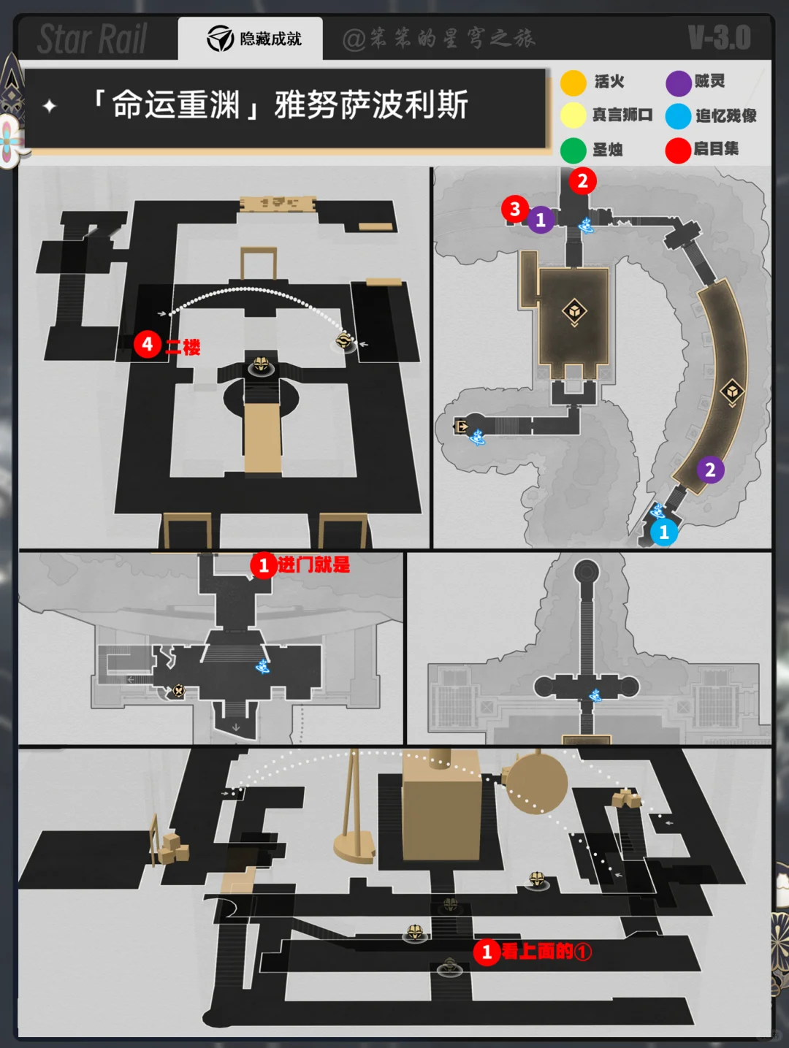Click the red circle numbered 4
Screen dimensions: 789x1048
[147, 344]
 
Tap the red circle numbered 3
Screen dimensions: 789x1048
[514, 209]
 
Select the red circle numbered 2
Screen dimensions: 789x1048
[582, 181]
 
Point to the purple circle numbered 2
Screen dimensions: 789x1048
[710, 470]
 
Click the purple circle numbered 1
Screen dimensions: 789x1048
[541, 220]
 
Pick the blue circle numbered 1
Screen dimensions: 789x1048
[663, 532]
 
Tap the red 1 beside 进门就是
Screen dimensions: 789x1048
[263, 565]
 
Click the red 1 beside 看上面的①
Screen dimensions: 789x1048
[487, 952]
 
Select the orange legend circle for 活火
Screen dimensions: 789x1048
[573, 83]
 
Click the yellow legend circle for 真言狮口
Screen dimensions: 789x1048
[573, 115]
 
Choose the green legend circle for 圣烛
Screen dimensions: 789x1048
[573, 150]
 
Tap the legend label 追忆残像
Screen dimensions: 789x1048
[726, 115]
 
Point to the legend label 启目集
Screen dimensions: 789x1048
[716, 149]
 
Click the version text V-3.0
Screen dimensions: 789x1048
[720, 38]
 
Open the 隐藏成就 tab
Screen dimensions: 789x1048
[251, 39]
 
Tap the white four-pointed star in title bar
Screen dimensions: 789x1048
[49, 105]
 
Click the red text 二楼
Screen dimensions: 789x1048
[183, 347]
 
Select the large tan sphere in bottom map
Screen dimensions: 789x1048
[536, 784]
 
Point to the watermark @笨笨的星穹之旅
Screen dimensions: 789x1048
[439, 39]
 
